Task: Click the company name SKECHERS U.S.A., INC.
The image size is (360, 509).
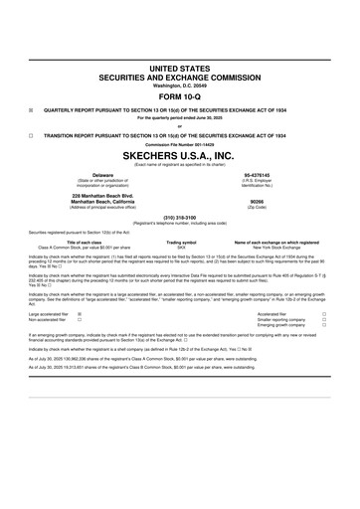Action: [180, 157]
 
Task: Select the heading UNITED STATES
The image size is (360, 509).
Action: [180, 65]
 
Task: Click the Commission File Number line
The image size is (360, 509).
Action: [180, 145]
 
